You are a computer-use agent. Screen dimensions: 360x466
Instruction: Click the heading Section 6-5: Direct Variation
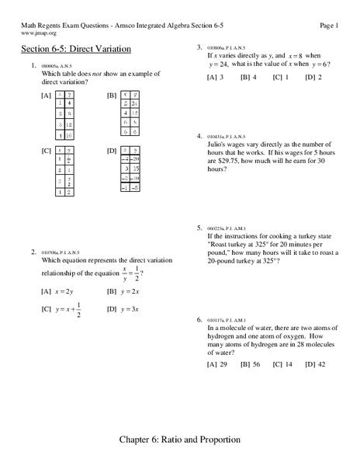[x=75, y=49]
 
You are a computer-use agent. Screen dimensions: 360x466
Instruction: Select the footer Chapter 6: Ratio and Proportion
[x=180, y=439]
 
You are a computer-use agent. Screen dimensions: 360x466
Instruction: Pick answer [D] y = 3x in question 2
[x=124, y=308]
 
